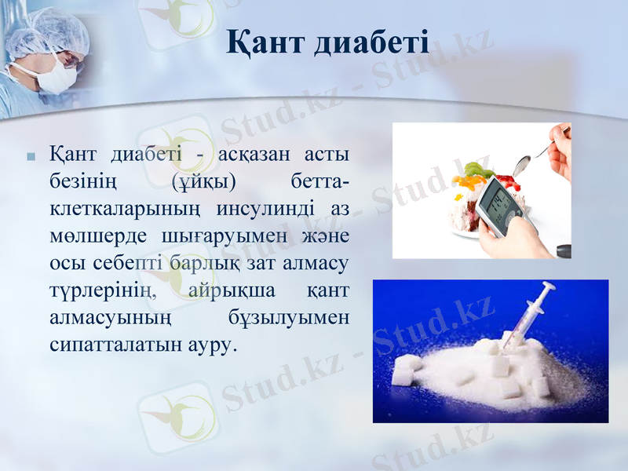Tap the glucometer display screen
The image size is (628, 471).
(495, 201)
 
